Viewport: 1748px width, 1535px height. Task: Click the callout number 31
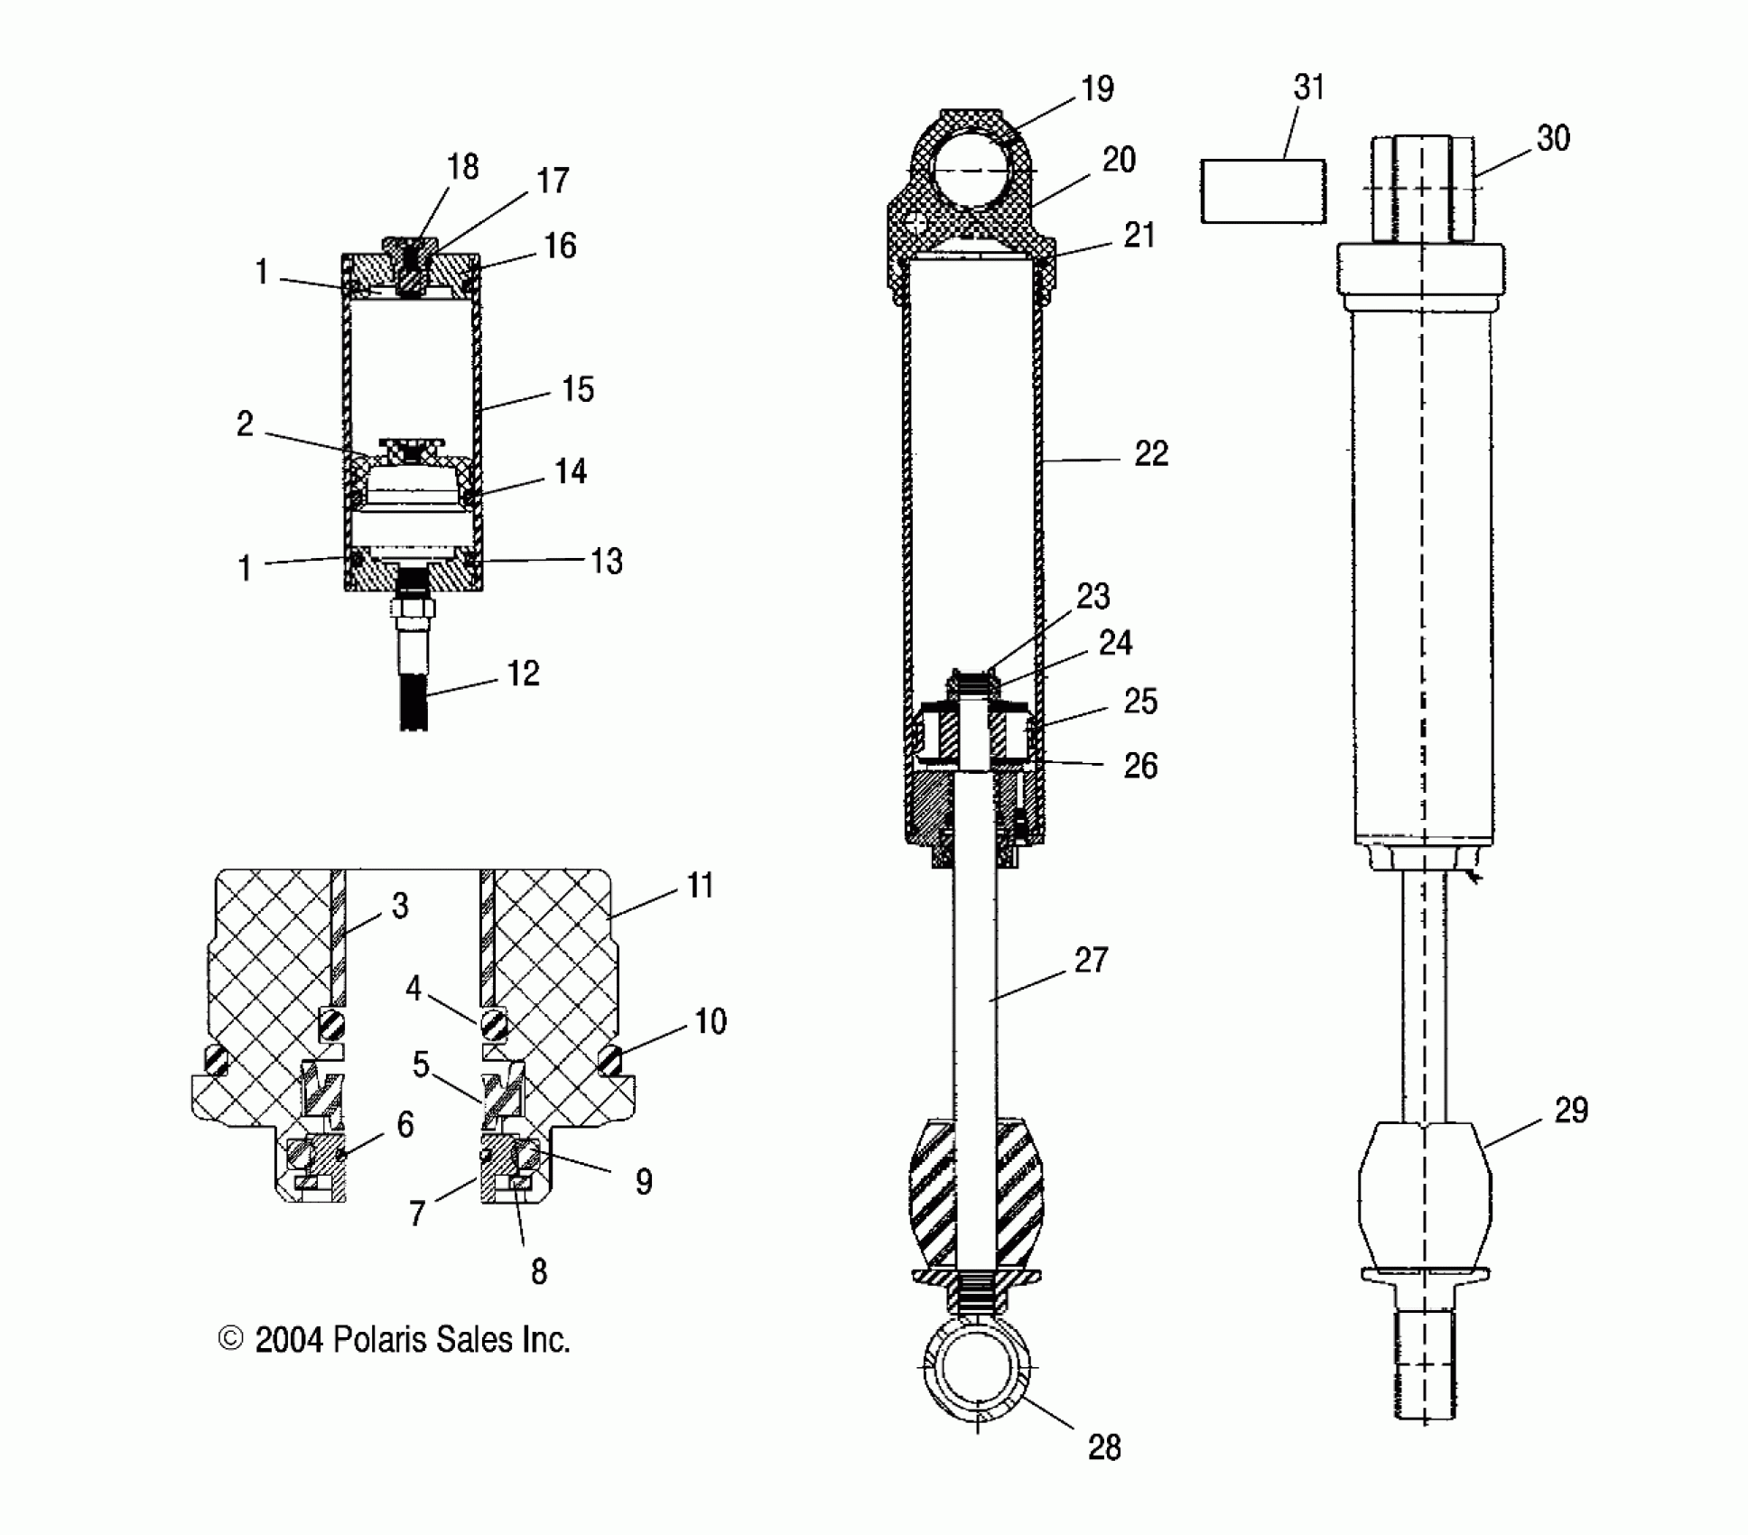1308,88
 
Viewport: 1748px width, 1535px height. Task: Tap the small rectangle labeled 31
1262,191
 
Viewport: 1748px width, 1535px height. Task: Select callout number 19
1097,88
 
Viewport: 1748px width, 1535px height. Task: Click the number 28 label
1103,1447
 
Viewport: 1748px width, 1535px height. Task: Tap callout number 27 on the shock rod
1091,960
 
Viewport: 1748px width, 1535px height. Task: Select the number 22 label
1151,453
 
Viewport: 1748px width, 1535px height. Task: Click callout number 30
1553,138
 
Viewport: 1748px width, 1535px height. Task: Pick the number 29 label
1571,1110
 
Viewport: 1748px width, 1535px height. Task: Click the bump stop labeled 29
1424,1192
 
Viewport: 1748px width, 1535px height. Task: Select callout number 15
578,389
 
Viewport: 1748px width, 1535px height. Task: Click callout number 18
462,167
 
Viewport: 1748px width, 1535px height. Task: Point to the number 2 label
245,423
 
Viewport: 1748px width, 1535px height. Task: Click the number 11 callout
700,886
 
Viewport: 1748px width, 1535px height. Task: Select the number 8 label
538,1271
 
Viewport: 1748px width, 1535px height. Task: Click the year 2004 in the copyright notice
288,1339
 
